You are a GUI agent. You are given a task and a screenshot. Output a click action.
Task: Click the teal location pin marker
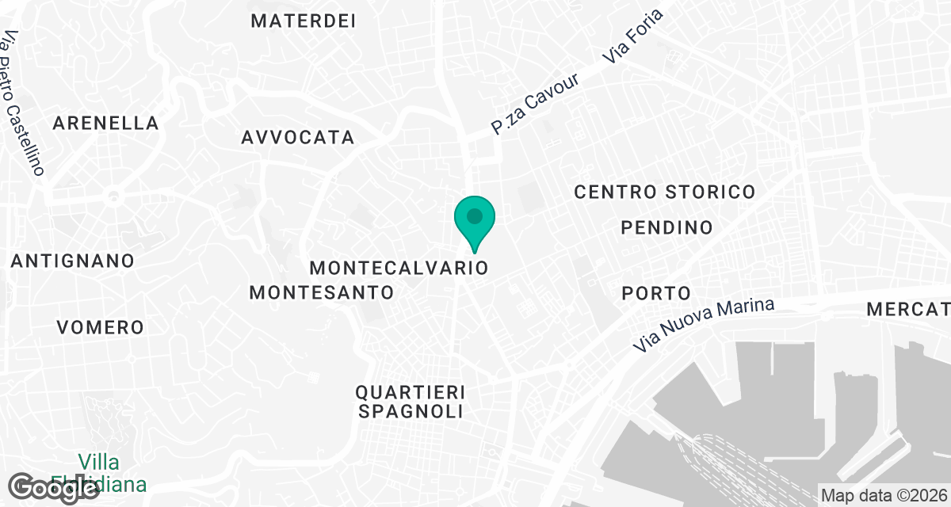click(474, 220)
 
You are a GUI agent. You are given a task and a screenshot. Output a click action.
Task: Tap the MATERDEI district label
click(304, 21)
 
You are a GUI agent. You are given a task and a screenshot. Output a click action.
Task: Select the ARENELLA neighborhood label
click(106, 124)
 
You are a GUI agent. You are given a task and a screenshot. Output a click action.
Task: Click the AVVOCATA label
click(298, 138)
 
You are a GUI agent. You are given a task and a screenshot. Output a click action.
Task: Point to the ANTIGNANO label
click(73, 261)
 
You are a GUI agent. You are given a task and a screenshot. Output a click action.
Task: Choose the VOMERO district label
click(101, 327)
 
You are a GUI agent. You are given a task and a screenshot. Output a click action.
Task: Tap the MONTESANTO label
click(322, 292)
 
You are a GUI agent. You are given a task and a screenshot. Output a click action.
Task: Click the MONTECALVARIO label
click(399, 267)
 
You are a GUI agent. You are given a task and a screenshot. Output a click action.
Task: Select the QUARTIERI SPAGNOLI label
click(409, 402)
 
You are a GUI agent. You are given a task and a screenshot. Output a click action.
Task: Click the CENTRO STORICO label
click(664, 192)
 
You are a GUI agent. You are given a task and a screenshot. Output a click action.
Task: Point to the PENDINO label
click(666, 228)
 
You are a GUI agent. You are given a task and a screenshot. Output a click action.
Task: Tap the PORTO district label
click(657, 293)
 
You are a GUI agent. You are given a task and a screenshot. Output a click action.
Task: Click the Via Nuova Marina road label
click(703, 326)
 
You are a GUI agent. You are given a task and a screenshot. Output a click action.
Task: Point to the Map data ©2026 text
click(882, 496)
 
